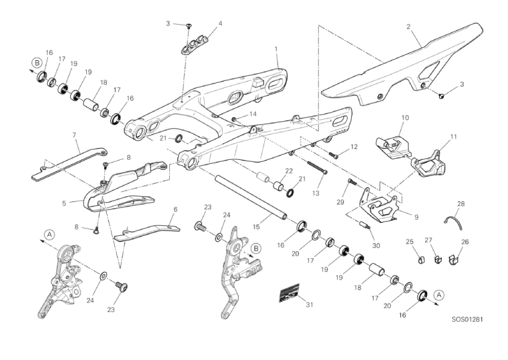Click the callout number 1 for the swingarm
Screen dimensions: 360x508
point(276,49)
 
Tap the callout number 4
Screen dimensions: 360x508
point(220,23)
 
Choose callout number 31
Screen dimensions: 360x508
point(309,304)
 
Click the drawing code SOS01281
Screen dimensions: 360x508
point(468,319)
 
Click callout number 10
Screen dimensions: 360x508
point(406,118)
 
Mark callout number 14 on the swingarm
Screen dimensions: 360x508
point(253,114)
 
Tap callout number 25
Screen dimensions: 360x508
point(410,242)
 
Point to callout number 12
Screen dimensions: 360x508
point(354,147)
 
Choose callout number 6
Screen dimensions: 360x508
point(175,209)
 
